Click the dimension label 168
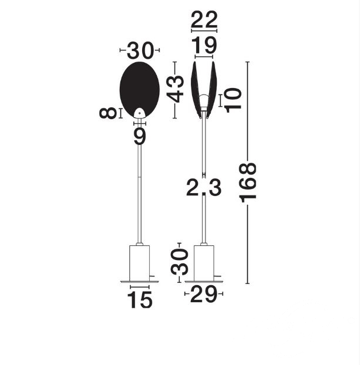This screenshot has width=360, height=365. coord(248,182)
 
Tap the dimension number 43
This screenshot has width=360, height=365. coord(175,89)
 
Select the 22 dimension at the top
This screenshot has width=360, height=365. coord(204,19)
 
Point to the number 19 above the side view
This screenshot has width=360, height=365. coord(204,46)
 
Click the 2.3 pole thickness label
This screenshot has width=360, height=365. coord(204,187)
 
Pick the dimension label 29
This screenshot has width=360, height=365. coord(204,294)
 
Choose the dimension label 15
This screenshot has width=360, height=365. coord(140,300)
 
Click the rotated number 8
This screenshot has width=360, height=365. coord(107,113)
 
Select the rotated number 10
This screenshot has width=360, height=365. coord(234,100)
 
